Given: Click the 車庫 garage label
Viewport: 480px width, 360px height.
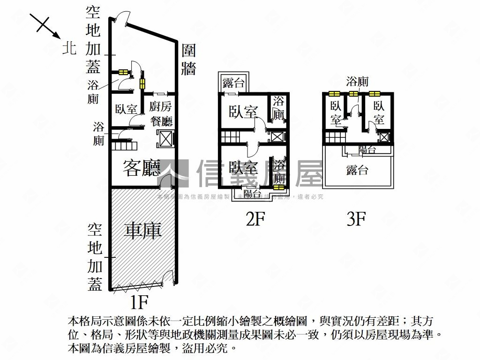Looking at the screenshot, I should coord(143,230).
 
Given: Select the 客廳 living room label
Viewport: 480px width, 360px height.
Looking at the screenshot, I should coord(142,168).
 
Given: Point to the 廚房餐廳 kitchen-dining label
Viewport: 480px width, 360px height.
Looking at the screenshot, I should coord(161,114).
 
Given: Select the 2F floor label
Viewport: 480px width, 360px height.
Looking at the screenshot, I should coord(256,219).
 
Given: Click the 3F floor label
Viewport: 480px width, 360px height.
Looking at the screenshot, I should coord(356,219).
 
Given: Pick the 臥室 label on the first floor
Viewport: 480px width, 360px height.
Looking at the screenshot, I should coord(126,109).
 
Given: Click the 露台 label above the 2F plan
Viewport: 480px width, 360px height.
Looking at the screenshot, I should coord(233,83).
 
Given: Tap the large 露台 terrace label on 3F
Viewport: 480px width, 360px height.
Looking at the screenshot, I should coord(357,170).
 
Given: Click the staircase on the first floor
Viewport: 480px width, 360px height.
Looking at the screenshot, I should coord(123,145).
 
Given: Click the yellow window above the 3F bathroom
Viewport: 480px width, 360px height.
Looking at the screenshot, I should coord(354,93).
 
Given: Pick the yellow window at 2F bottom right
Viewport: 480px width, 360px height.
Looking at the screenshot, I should coord(278,187).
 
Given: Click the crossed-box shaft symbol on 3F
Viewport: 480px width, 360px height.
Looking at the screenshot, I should coord(384,137).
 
